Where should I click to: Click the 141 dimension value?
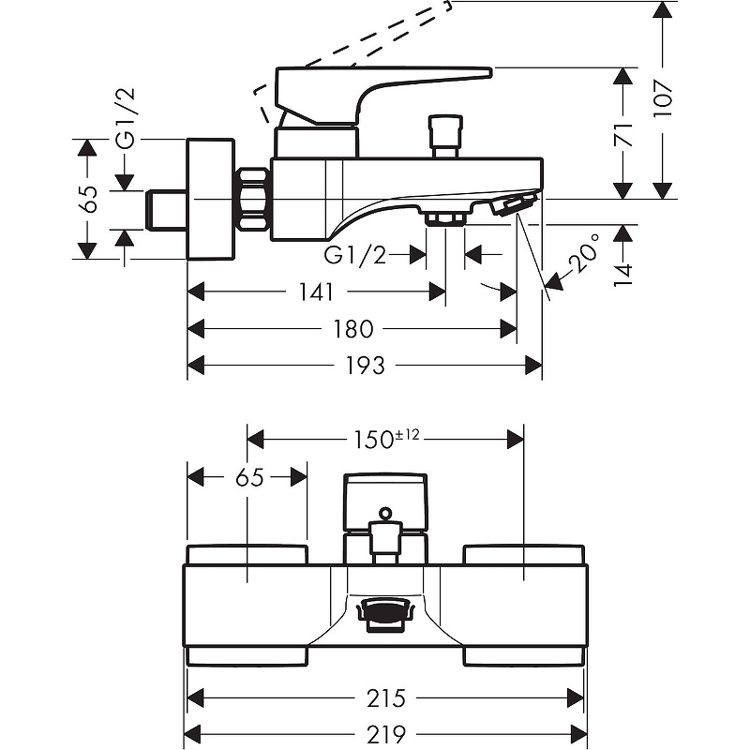tap(317, 292)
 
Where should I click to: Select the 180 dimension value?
tap(353, 329)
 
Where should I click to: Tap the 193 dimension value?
tap(365, 365)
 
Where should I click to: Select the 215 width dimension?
tap(386, 697)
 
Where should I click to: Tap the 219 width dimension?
tap(386, 732)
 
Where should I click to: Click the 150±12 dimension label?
tap(386, 438)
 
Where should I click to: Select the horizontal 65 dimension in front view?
tap(248, 477)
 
